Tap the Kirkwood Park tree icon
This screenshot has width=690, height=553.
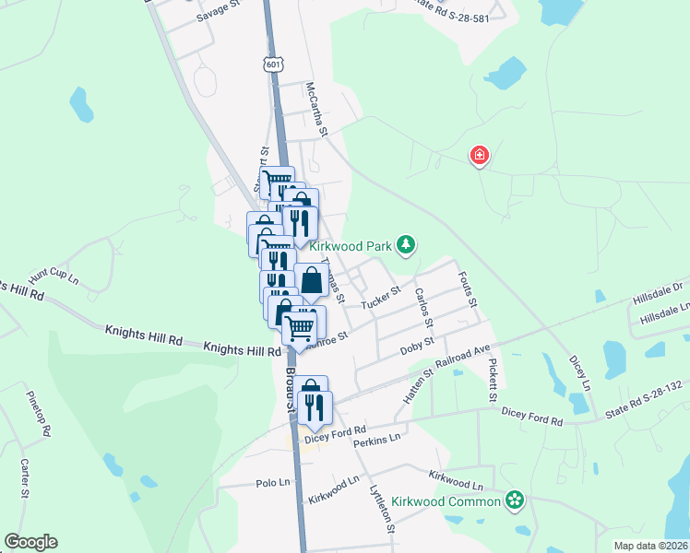[x=405, y=244]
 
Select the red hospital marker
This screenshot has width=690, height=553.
[x=479, y=156]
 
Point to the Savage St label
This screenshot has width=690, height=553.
[x=218, y=18]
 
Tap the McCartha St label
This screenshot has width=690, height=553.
[x=316, y=109]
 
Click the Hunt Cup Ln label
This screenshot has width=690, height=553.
[x=53, y=276]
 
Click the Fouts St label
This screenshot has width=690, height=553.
[x=468, y=287]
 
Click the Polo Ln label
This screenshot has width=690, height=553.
[x=272, y=483]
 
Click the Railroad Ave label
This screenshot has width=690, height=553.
[x=463, y=357]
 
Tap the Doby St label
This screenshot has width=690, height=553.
[x=417, y=347]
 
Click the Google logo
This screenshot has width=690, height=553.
[x=30, y=542]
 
